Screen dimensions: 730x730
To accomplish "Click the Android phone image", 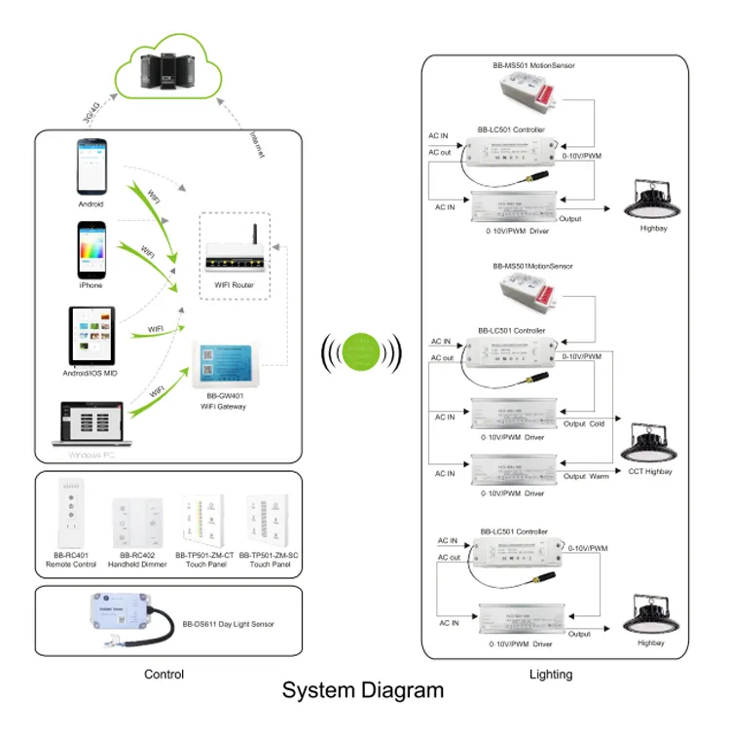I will click(x=91, y=167).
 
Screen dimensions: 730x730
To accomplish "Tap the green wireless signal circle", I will click(x=364, y=350).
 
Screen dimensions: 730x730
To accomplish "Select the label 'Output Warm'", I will click(x=587, y=476).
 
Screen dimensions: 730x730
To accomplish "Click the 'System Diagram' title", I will click(x=363, y=691).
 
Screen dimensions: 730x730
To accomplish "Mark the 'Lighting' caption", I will click(x=552, y=674).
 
